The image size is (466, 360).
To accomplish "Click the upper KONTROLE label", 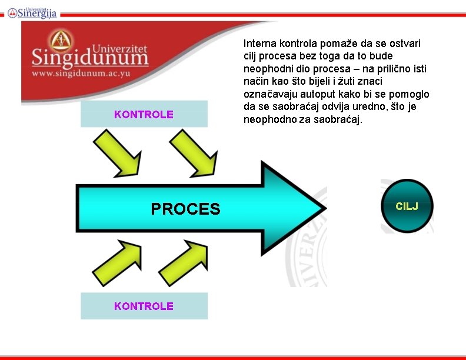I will pyautogui.click(x=144, y=114).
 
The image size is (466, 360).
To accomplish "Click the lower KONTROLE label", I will pyautogui.click(x=144, y=306).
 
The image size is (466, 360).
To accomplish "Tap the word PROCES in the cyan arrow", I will pyautogui.click(x=185, y=209).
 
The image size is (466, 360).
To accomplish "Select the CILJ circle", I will pyautogui.click(x=407, y=206).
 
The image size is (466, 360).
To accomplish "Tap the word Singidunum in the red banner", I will pyautogui.click(x=89, y=59).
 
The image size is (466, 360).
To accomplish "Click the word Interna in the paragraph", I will pyautogui.click(x=259, y=44).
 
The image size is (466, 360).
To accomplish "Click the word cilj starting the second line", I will pyautogui.click(x=251, y=56).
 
